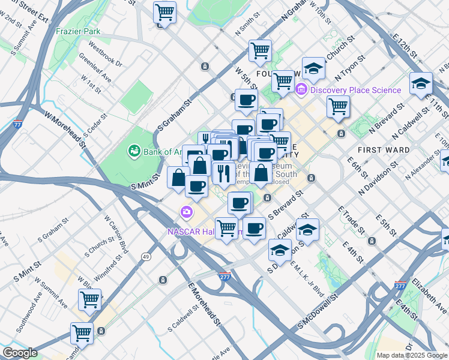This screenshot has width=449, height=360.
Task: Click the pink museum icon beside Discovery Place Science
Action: coord(301,90)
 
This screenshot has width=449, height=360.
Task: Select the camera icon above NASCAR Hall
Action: coord(187,212)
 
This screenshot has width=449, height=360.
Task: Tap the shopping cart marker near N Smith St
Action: coord(260,50)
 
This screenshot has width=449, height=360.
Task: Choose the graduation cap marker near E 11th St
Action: coord(421,83)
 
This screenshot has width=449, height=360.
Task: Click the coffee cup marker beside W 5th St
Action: coord(246,100)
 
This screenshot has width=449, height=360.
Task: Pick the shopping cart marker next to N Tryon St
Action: coord(339,106)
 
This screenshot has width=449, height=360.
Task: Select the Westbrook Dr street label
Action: coord(105,53)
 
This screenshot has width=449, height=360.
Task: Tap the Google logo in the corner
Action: coord(20,353)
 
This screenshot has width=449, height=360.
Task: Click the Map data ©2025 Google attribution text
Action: coord(412,355)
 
